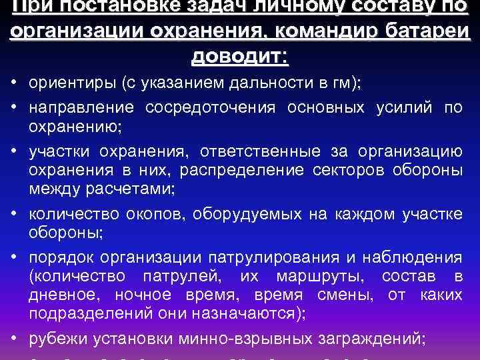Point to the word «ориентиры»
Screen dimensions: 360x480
click(64, 83)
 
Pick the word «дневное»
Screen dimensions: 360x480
click(65, 295)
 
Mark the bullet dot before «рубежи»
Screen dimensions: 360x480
click(13, 337)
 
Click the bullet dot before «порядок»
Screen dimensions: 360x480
click(13, 257)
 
